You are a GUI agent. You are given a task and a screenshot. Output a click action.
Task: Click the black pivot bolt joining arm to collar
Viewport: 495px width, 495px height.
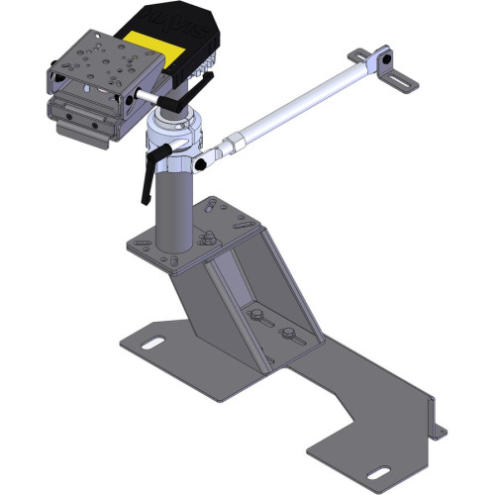click(x=202, y=158)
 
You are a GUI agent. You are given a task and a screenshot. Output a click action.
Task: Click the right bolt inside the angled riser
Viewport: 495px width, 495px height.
click(x=288, y=333)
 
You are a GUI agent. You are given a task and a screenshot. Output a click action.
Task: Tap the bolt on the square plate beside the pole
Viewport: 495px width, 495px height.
click(x=210, y=237)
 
